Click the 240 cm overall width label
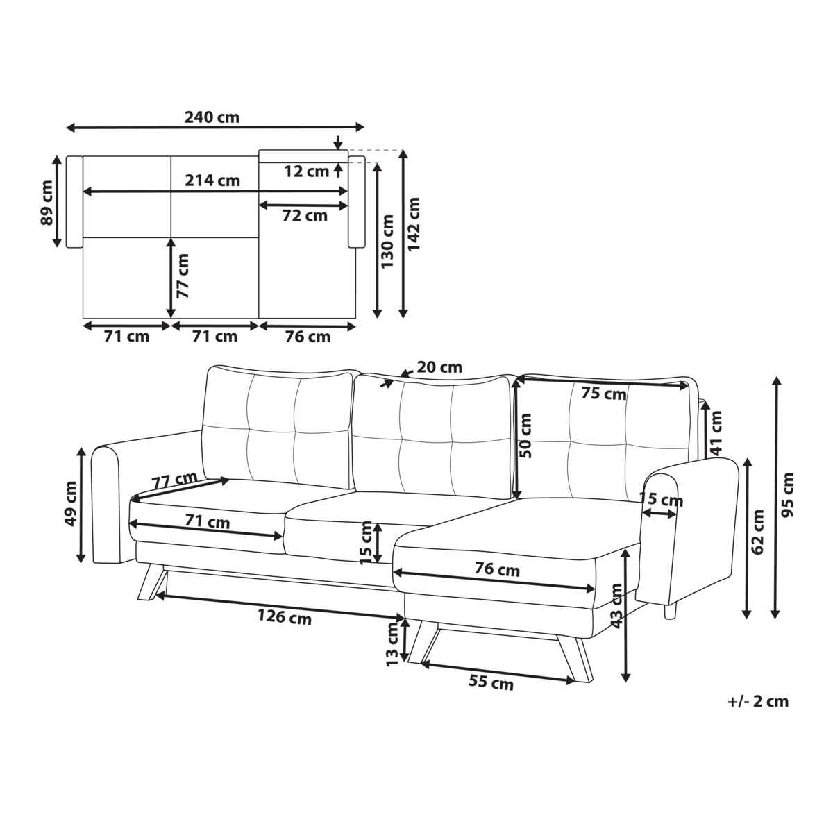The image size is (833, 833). click(212, 117)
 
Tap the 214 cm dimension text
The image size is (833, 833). click(212, 180)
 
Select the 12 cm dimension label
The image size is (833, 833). click(307, 171)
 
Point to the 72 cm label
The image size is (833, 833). click(305, 215)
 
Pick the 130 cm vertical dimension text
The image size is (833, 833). click(388, 241)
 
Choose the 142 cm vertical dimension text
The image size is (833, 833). click(414, 224)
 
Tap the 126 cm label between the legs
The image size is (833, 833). click(285, 616)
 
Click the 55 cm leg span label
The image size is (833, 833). click(491, 682)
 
